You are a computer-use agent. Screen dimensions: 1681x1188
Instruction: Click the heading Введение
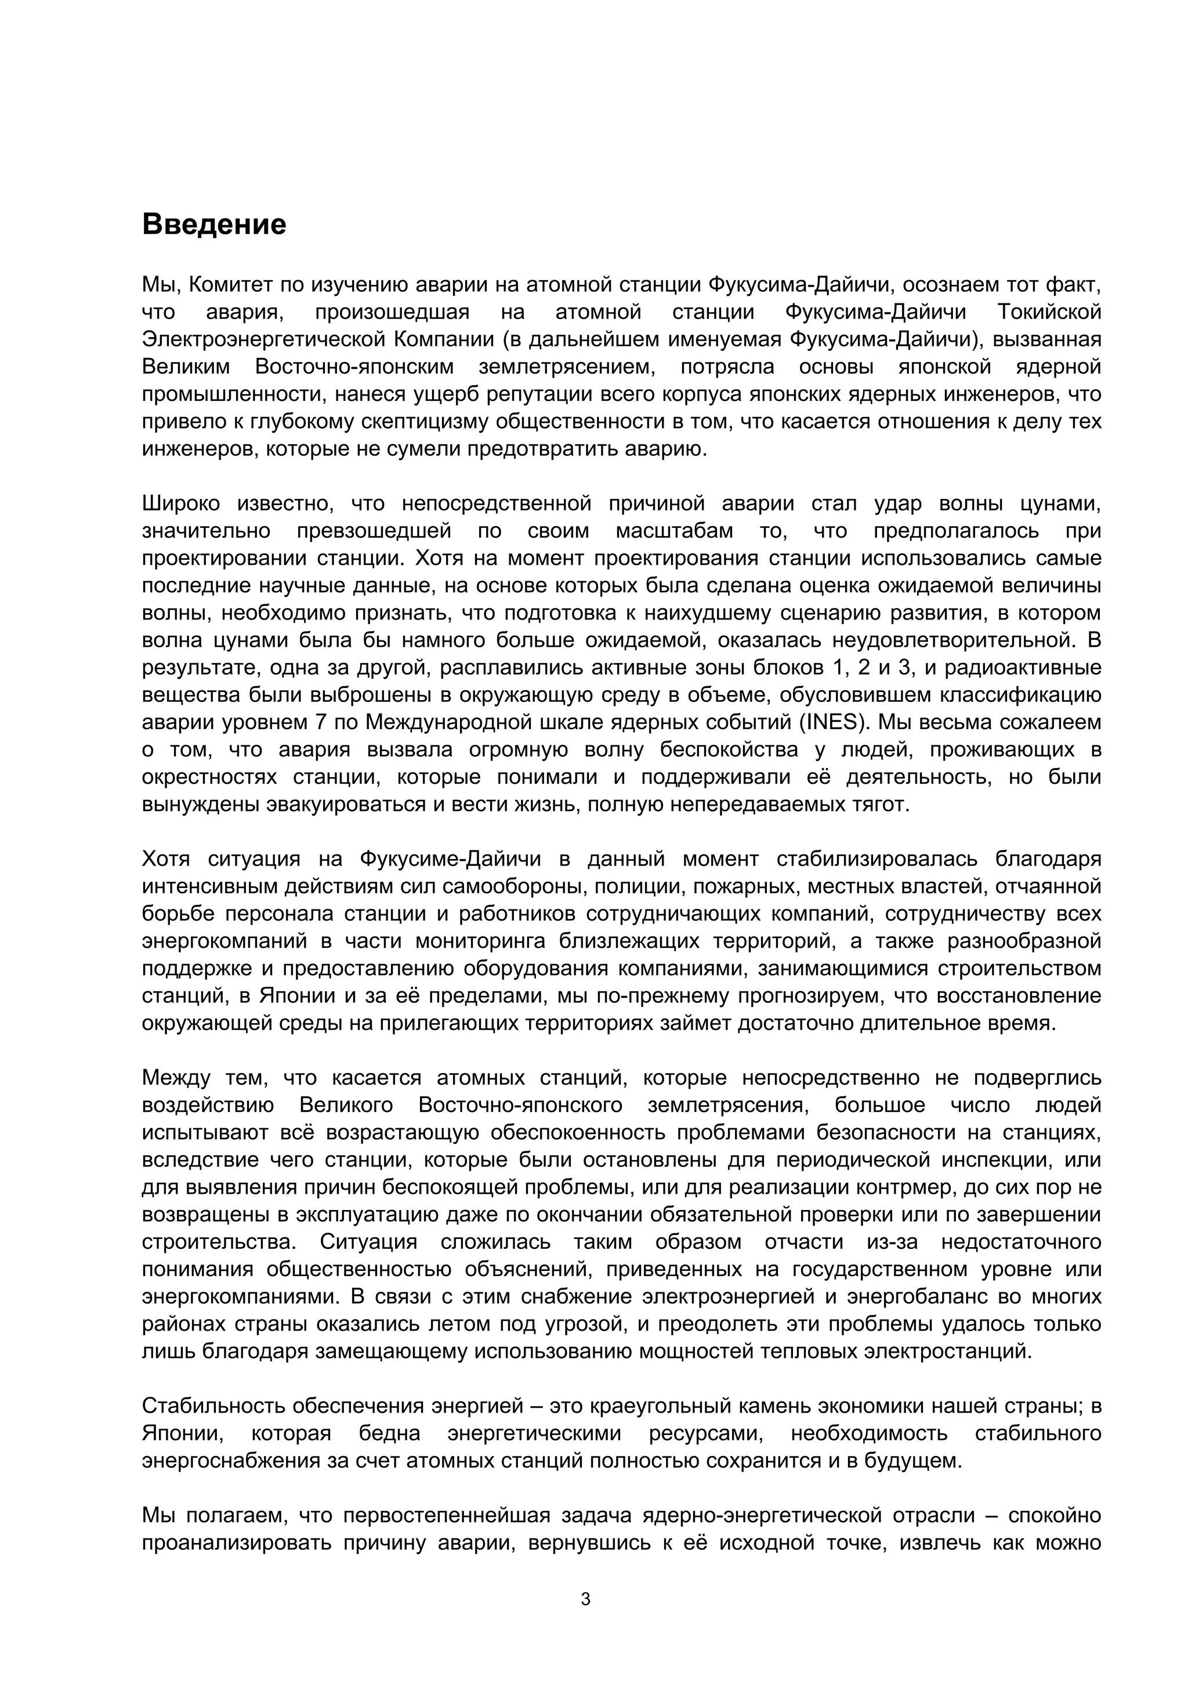(x=213, y=224)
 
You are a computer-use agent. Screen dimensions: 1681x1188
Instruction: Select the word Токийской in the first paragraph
(x=1049, y=312)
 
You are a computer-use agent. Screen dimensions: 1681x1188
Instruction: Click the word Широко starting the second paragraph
(x=180, y=503)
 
